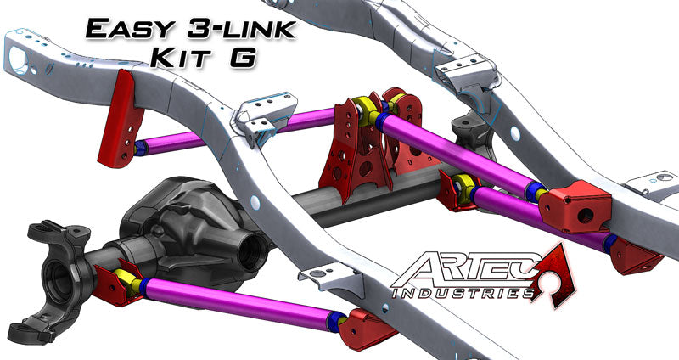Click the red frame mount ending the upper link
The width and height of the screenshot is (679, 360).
pos(577,204)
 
